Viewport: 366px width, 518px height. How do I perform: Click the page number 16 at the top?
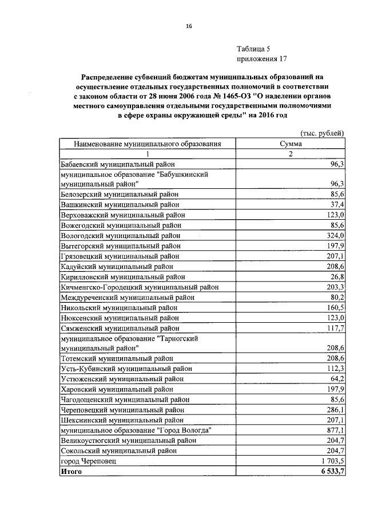coord(188,26)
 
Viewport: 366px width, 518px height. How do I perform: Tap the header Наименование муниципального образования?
coord(147,144)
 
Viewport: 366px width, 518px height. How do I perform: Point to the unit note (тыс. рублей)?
coord(322,134)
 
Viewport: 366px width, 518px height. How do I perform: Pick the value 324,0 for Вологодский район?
coord(334,235)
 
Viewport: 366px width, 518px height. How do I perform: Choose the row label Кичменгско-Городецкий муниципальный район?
coord(138,287)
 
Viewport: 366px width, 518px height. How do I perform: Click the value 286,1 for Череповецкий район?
coord(334,410)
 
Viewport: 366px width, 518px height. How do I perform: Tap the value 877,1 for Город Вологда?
coord(334,430)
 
